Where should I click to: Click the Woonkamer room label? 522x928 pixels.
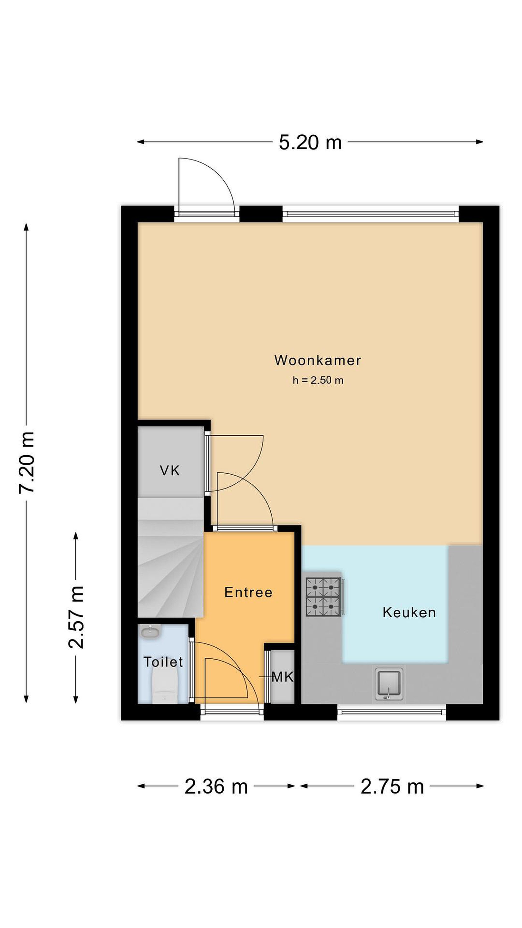tap(317, 360)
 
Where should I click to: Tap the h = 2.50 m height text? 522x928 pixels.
tap(318, 381)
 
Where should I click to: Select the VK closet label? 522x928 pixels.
tap(170, 470)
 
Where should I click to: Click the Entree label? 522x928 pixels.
tap(248, 592)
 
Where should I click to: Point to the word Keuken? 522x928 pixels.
tap(409, 613)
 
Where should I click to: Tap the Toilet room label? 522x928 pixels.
tap(163, 662)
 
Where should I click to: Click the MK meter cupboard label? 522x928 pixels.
tap(283, 677)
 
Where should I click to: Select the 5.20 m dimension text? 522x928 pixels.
tap(310, 142)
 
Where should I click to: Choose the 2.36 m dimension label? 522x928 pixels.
tap(216, 786)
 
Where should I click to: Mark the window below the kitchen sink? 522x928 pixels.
tap(391, 712)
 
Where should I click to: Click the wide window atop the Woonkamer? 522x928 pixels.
tap(370, 214)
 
